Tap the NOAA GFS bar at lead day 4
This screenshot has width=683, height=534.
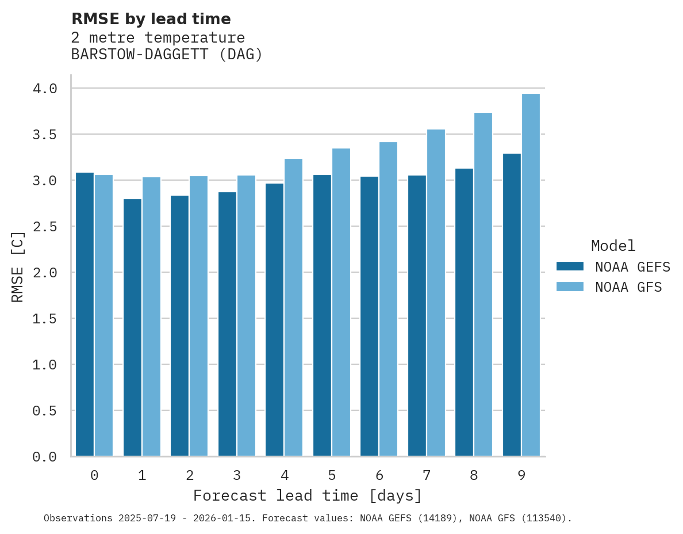pyautogui.click(x=293, y=307)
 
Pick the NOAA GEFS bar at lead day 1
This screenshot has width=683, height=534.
pyautogui.click(x=132, y=327)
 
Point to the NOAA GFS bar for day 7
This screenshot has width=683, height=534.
pyautogui.click(x=436, y=293)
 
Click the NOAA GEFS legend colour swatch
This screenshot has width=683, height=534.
pyautogui.click(x=570, y=266)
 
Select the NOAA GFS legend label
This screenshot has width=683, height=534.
pyautogui.click(x=628, y=287)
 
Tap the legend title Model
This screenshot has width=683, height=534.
pyautogui.click(x=613, y=246)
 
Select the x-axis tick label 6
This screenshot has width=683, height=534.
pyautogui.click(x=379, y=475)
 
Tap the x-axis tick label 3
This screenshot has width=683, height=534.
pyautogui.click(x=237, y=475)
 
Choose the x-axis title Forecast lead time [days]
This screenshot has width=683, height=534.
pyautogui.click(x=308, y=495)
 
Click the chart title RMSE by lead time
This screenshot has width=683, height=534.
pyautogui.click(x=151, y=19)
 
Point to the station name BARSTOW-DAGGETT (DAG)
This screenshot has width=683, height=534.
pyautogui.click(x=167, y=55)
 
